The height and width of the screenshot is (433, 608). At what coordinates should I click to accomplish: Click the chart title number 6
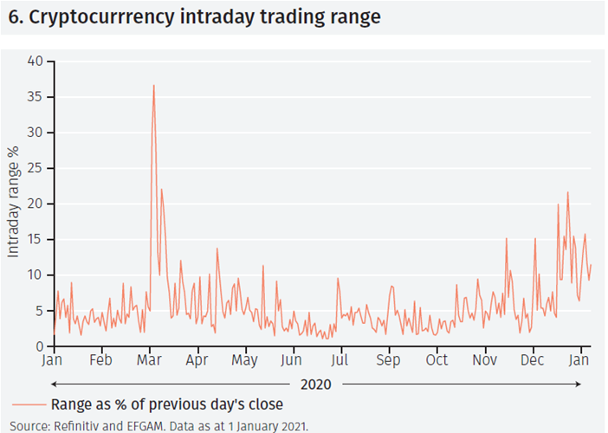tap(14, 17)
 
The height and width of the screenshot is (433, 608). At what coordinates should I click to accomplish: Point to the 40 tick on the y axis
tap(35, 61)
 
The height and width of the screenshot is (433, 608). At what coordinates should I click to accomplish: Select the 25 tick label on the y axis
tap(35, 168)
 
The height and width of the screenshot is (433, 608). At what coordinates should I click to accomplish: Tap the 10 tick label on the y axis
tap(35, 275)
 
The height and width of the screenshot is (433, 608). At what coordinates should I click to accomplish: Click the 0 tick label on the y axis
tap(38, 346)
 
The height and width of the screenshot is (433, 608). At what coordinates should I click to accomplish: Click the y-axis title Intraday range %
tap(13, 204)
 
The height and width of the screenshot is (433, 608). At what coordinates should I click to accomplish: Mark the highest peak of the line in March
tap(153, 86)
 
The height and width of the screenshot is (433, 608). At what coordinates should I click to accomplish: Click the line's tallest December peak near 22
tap(567, 192)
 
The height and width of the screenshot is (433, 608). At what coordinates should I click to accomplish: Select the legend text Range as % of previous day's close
tap(167, 404)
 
